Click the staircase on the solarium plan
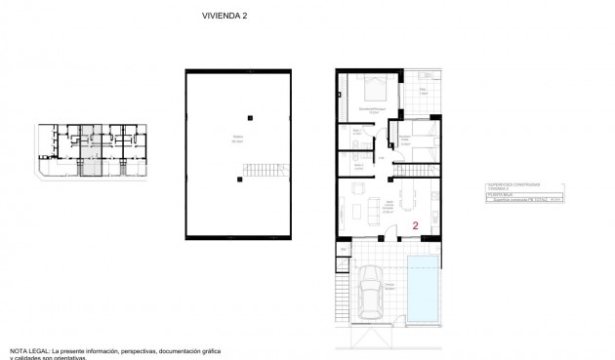pos(266,172)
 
